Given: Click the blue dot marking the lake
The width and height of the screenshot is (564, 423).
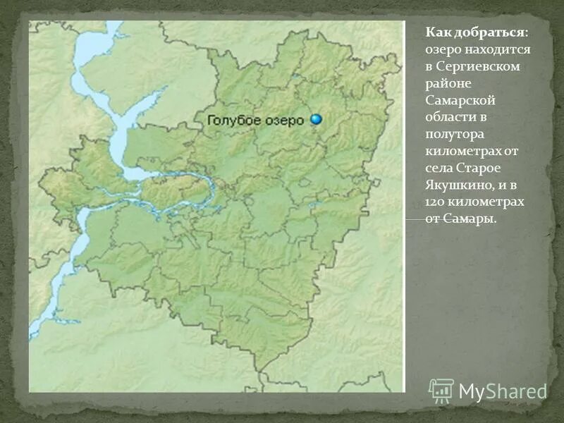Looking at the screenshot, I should pyautogui.click(x=316, y=120).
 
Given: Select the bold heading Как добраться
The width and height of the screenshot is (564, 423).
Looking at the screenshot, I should pyautogui.click(x=475, y=32).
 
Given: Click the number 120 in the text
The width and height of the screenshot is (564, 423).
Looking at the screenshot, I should pyautogui.click(x=435, y=202).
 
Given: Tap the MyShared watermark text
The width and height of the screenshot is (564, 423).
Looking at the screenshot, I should pyautogui.click(x=503, y=391).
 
